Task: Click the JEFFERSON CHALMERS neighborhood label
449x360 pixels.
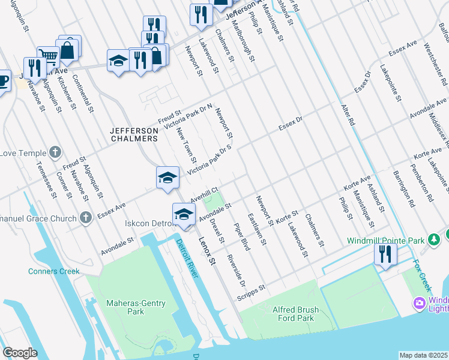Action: tap(134, 134)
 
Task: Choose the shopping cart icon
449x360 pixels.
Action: tap(48, 56)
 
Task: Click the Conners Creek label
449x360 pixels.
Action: tap(53, 271)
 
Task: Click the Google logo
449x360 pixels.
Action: tap(20, 352)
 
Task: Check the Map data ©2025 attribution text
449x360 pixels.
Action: tap(424, 355)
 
